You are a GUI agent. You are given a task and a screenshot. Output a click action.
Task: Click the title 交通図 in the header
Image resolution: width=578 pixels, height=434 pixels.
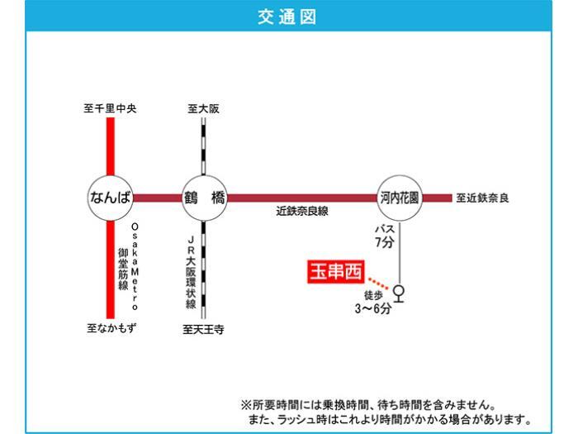point(288,17)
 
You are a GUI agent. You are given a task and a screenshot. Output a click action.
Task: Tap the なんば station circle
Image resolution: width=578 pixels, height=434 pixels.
point(110,198)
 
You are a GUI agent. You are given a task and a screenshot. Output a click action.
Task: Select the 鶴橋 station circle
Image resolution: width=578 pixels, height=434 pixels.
point(204,198)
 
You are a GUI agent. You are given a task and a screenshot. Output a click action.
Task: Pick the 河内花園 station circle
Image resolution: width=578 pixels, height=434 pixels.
point(400,198)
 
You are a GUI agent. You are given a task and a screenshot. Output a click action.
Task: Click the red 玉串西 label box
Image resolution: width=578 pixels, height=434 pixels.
point(334,271)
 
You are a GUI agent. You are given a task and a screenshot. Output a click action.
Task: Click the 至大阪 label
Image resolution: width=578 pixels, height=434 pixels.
point(204,108)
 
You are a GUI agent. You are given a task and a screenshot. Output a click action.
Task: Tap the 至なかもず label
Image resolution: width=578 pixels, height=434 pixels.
point(111,327)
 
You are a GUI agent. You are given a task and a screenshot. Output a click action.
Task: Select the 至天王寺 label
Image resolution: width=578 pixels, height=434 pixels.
point(203,328)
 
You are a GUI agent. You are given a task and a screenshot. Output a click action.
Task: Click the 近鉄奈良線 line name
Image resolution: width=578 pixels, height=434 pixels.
point(302,212)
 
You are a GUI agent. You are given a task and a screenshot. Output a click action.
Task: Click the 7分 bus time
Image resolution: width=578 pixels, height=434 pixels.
point(385,242)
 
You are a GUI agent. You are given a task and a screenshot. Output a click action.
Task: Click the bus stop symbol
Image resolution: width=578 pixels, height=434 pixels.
point(400,293)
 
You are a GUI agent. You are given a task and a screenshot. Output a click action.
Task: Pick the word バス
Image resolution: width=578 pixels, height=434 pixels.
point(386,228)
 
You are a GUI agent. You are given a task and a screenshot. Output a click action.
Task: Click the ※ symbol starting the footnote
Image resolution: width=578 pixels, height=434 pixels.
point(245,405)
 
